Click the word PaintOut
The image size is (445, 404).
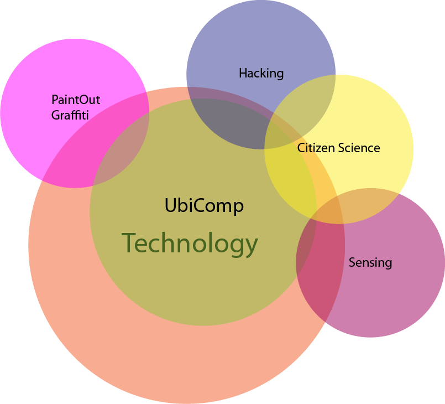(76, 100)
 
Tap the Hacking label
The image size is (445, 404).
(261, 73)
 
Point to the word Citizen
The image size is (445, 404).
(313, 148)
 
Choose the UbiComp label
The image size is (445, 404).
(204, 206)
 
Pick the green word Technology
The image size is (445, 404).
(190, 244)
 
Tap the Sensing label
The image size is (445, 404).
(370, 262)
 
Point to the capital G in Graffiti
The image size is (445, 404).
(55, 115)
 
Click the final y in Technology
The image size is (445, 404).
(252, 246)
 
